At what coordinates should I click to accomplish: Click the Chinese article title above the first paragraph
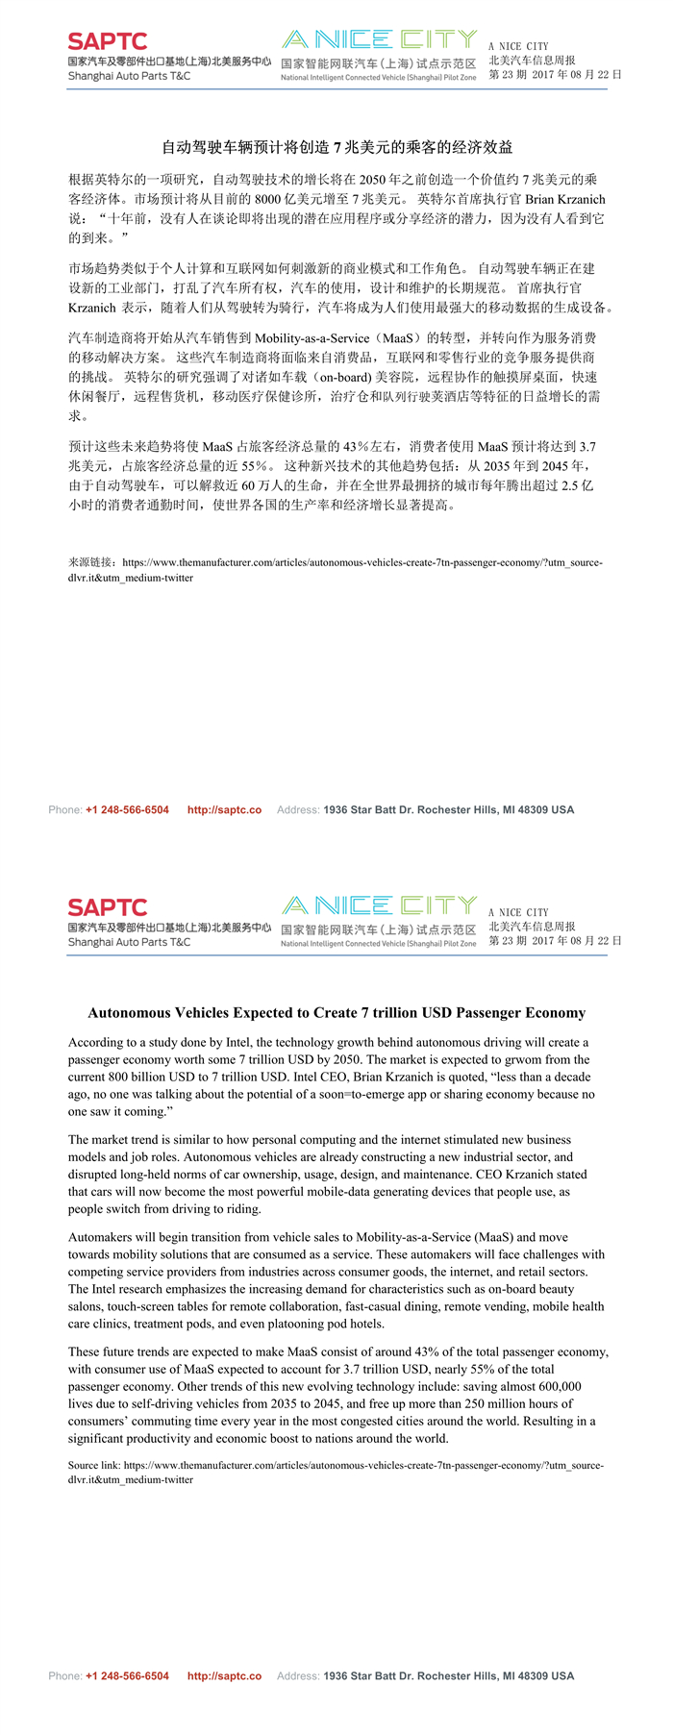[x=336, y=147]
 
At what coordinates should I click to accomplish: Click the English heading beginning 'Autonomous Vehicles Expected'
[x=336, y=1012]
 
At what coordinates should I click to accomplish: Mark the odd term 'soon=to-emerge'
[x=374, y=1094]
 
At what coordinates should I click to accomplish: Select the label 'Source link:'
[x=94, y=1466]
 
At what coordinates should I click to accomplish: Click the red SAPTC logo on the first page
[x=108, y=41]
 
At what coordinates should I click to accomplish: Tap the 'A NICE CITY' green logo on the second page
[x=380, y=905]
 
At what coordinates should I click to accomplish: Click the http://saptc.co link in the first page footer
[x=224, y=809]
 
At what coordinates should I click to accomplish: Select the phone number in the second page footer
[x=127, y=1675]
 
